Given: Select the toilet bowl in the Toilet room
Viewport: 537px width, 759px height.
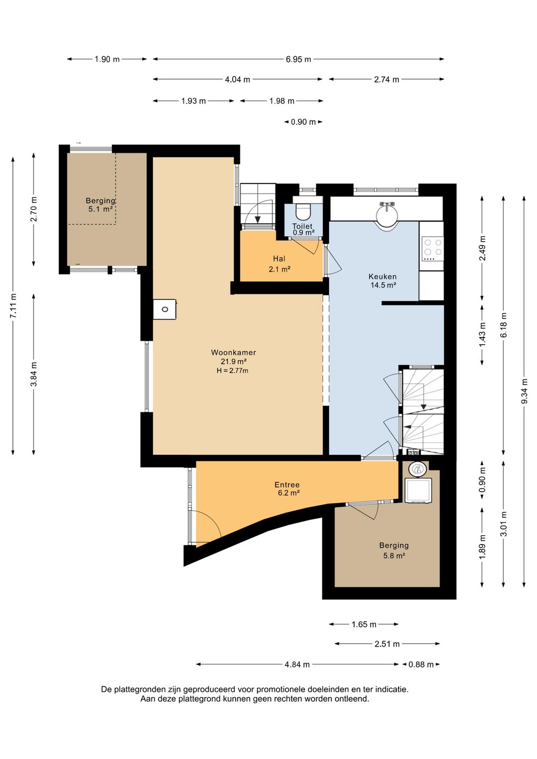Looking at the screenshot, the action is [x=303, y=212].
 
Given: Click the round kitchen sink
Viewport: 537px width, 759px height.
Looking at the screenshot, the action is [x=386, y=217].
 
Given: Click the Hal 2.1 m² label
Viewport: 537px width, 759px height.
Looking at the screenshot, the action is [x=279, y=264].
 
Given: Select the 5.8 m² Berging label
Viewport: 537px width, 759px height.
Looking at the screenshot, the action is [x=394, y=550].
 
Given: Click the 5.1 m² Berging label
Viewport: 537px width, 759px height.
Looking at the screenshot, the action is [x=100, y=205].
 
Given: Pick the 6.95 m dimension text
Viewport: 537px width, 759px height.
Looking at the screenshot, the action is [x=298, y=59].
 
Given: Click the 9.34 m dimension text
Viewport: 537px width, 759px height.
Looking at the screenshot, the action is [x=525, y=391].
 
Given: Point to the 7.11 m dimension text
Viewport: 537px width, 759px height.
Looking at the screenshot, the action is [x=13, y=306].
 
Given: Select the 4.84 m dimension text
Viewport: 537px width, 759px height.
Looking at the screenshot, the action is [x=297, y=664].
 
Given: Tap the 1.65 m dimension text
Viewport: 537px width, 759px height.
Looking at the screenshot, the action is [x=364, y=624].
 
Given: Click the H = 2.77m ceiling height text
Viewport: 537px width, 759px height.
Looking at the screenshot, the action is [x=232, y=371].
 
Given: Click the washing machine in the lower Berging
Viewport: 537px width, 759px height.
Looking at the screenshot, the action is [x=419, y=491].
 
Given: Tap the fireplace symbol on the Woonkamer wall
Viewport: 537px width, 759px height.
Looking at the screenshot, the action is [x=165, y=309].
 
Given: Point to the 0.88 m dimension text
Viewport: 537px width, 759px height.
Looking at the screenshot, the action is [x=421, y=664].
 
